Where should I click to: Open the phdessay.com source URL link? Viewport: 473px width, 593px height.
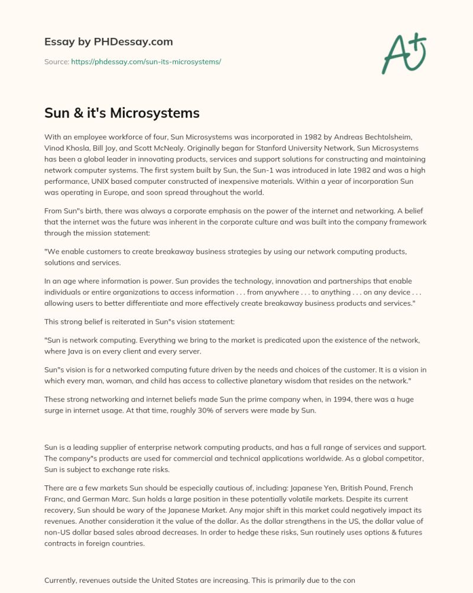pyautogui.click(x=145, y=61)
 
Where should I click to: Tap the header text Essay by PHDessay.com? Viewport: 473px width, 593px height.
pyautogui.click(x=108, y=42)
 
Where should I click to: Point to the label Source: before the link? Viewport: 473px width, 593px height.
pyautogui.click(x=56, y=61)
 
